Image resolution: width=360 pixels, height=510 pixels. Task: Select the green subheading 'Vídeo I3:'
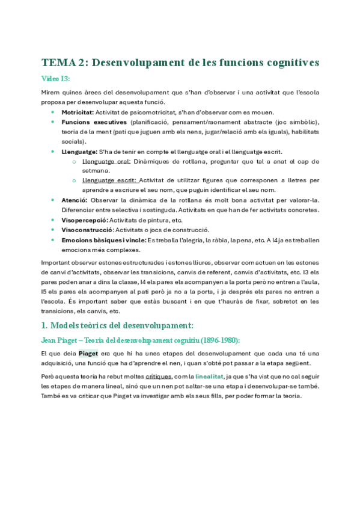(56, 79)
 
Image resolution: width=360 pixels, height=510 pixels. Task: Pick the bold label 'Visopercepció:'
(84, 220)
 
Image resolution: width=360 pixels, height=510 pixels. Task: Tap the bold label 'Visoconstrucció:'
(87, 230)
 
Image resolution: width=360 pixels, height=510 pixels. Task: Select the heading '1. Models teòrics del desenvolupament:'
(117, 325)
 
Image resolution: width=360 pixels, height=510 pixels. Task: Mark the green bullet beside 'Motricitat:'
(53, 112)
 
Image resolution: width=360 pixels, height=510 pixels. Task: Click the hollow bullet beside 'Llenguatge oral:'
(73, 161)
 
